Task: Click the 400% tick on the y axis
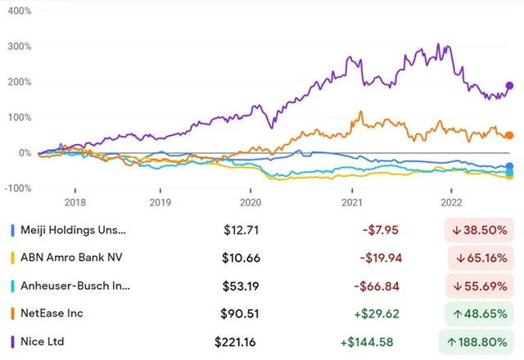(x=18, y=12)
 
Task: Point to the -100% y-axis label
(x=16, y=189)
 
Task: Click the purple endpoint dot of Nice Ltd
(x=509, y=86)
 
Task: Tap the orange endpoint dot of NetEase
(x=509, y=136)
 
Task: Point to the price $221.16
(x=237, y=340)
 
